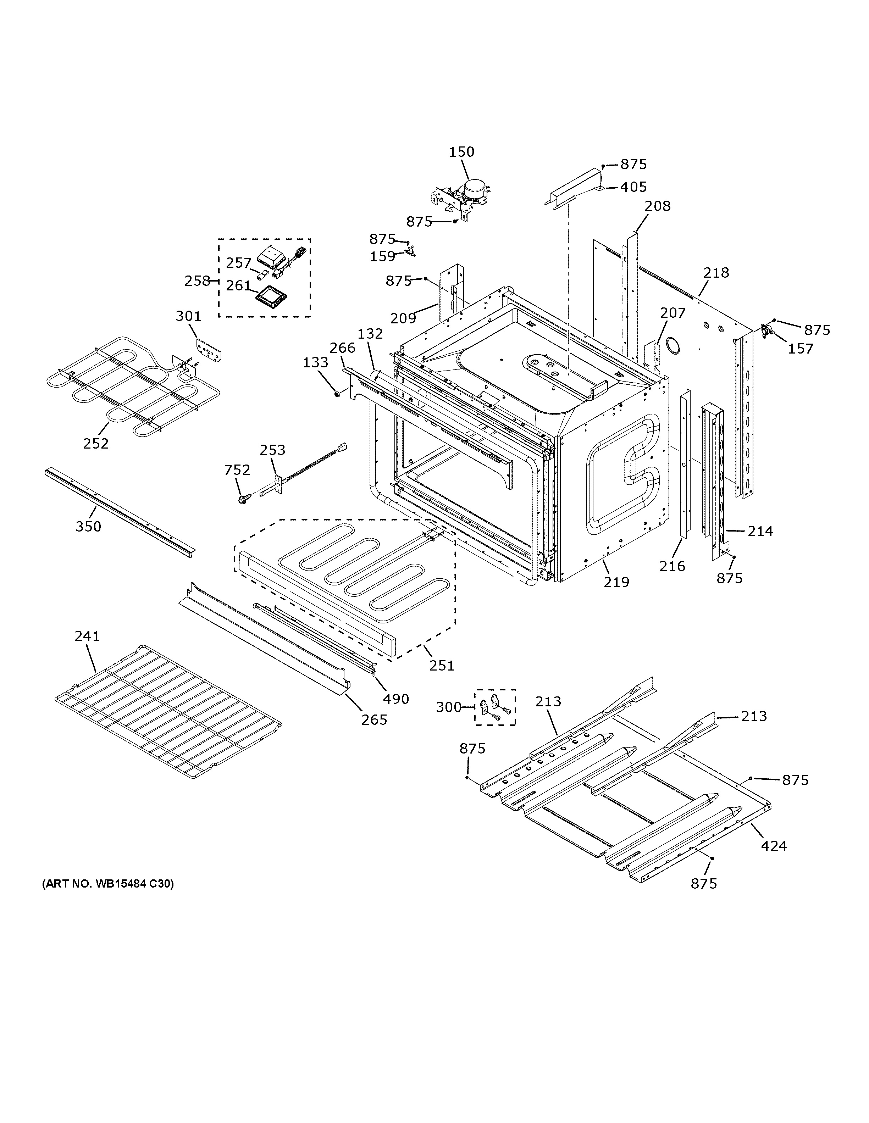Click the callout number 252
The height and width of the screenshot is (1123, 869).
[x=96, y=443]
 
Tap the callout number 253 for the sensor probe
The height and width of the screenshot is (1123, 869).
[x=272, y=450]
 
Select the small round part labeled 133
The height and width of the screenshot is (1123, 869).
[x=337, y=394]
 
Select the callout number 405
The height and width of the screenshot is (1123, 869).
[x=633, y=187]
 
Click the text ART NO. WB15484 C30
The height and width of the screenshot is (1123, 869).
[x=108, y=884]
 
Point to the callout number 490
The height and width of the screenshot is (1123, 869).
[x=395, y=699]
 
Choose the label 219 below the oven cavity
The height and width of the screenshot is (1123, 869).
[x=616, y=582]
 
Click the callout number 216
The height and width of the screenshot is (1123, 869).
[x=672, y=566]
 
